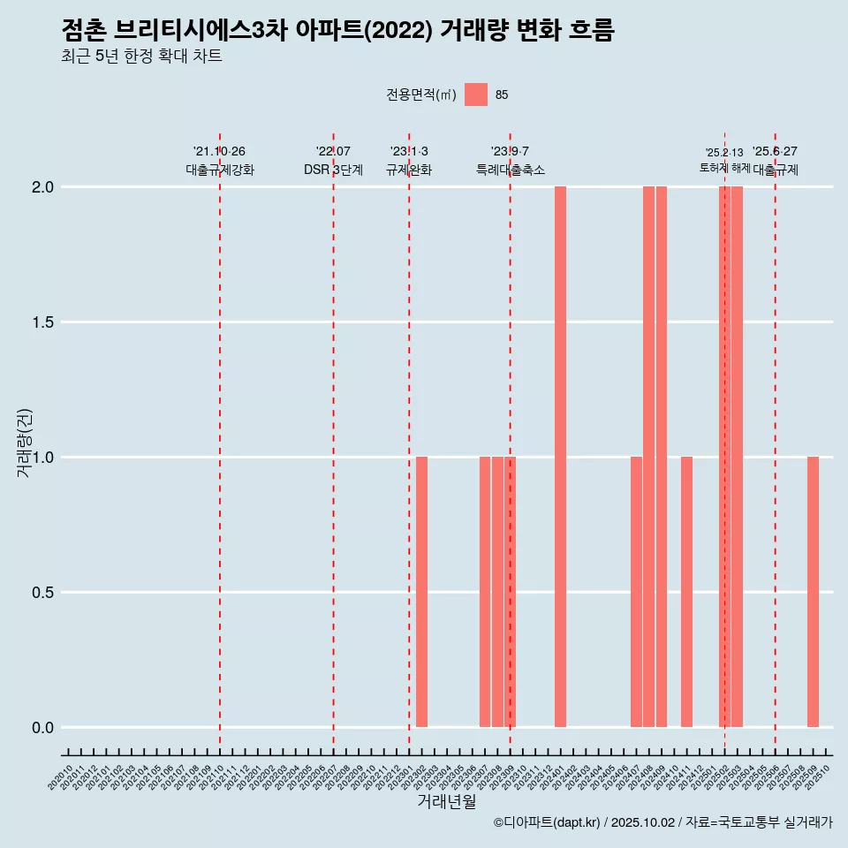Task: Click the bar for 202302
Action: pyautogui.click(x=421, y=592)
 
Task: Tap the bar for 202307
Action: pyautogui.click(x=485, y=592)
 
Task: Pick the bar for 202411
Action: pyautogui.click(x=686, y=592)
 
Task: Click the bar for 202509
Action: pyautogui.click(x=813, y=592)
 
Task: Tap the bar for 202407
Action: pyautogui.click(x=636, y=592)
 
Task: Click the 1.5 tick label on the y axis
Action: pyautogui.click(x=42, y=322)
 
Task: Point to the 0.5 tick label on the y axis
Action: pyautogui.click(x=42, y=593)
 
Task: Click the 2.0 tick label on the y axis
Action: pyautogui.click(x=42, y=187)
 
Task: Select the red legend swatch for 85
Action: pyautogui.click(x=476, y=95)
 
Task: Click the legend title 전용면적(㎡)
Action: pyautogui.click(x=421, y=95)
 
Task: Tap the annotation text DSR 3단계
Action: pyautogui.click(x=333, y=170)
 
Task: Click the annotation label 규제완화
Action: pyautogui.click(x=409, y=170)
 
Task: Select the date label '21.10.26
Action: pyautogui.click(x=219, y=151)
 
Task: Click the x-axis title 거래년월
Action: pyautogui.click(x=446, y=802)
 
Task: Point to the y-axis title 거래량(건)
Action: pyautogui.click(x=25, y=442)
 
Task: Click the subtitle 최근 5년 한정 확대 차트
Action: pyautogui.click(x=141, y=57)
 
